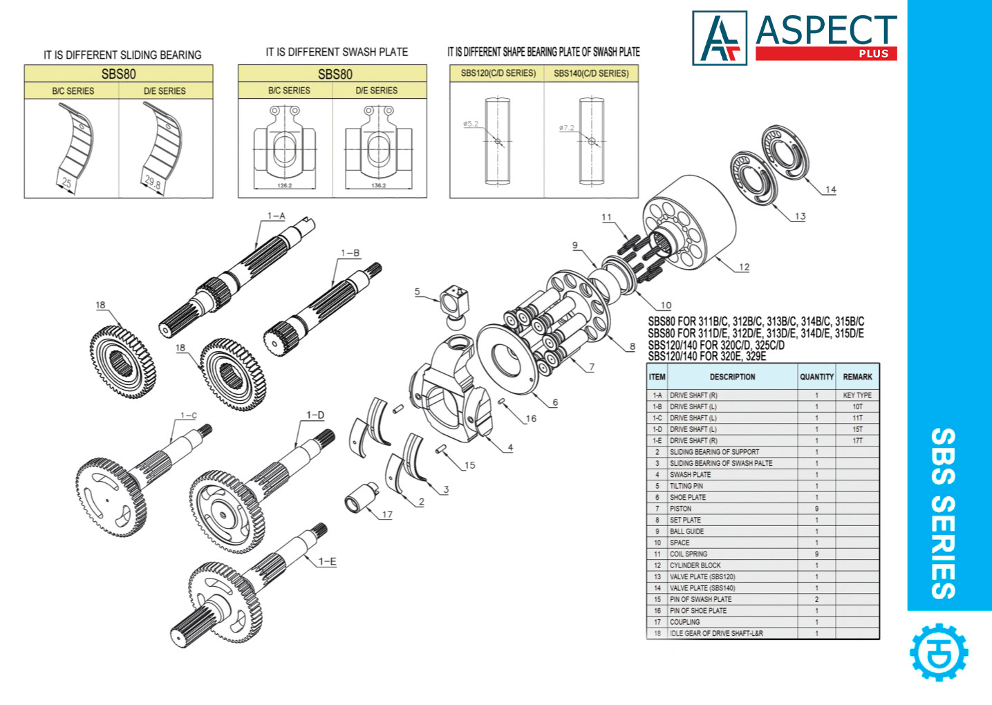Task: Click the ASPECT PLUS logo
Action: [795, 38]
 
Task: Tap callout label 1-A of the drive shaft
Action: [276, 216]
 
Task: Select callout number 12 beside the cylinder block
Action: [744, 267]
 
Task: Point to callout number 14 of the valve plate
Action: [830, 189]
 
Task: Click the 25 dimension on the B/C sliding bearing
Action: [66, 183]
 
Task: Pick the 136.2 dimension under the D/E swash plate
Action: [378, 186]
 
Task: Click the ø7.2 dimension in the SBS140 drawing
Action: [567, 128]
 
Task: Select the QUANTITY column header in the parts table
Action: [816, 377]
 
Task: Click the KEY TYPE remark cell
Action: [857, 395]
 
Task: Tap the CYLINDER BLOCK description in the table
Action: [695, 565]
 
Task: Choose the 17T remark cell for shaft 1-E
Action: [857, 440]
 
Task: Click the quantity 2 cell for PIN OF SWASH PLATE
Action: [816, 599]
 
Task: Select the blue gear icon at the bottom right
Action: [939, 652]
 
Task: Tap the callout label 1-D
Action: [315, 415]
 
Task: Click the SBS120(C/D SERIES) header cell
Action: [498, 73]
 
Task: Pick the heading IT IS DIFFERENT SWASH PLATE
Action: [337, 52]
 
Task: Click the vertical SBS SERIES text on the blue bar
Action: [943, 513]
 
